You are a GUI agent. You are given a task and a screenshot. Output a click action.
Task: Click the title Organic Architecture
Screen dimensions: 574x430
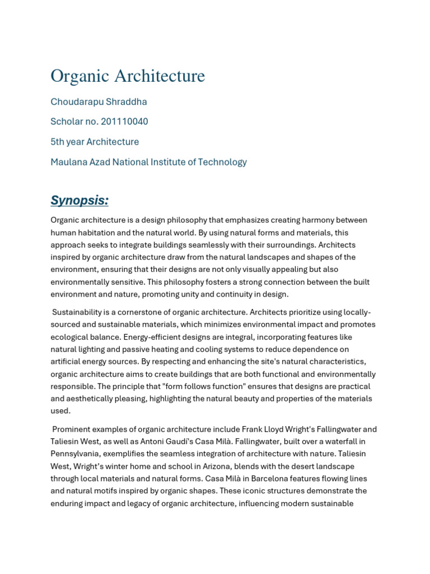[x=128, y=76]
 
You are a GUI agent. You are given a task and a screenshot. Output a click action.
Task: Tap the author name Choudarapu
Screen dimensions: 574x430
[x=74, y=101]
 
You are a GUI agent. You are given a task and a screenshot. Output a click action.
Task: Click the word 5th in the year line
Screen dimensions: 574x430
[x=58, y=142]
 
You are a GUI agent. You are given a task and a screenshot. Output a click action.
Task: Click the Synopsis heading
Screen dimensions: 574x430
[x=80, y=200]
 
